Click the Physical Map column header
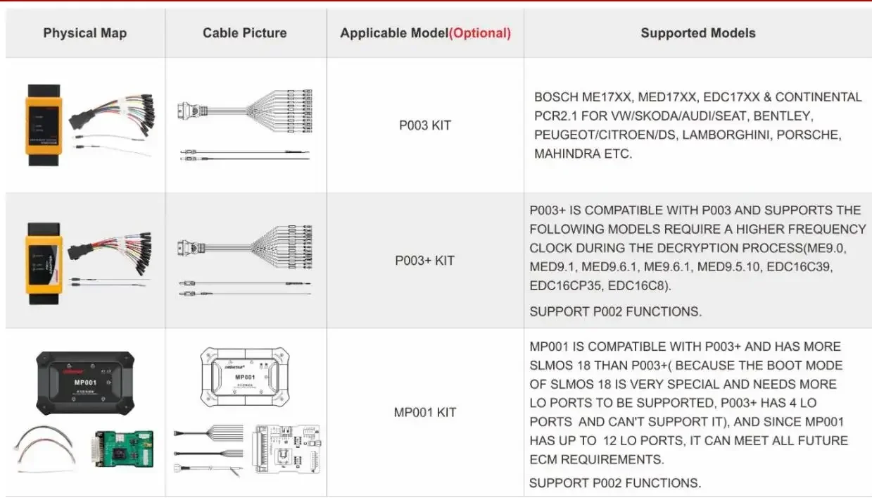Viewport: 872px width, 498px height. (x=84, y=33)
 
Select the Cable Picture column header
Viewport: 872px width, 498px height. (x=244, y=33)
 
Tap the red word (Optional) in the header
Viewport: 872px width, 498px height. (x=480, y=33)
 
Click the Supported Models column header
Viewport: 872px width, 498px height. (x=697, y=33)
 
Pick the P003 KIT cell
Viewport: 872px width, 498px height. (x=424, y=125)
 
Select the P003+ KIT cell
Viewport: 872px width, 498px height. (x=424, y=261)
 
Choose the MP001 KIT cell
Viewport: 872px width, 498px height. (x=424, y=412)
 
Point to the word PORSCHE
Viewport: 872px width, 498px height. (x=796, y=135)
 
